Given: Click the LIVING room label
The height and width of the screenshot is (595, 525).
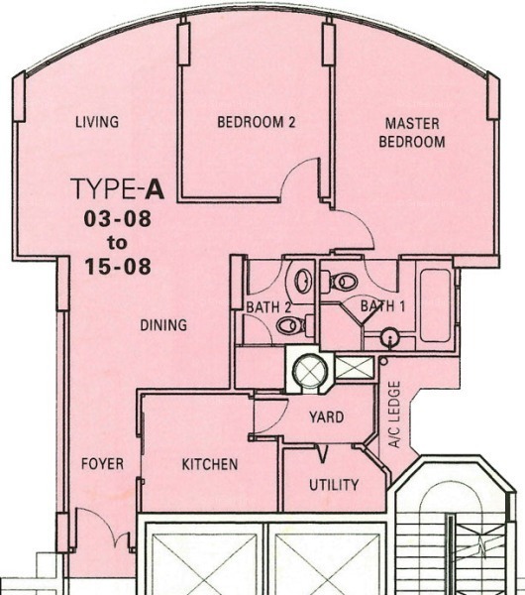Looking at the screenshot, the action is pyautogui.click(x=97, y=122).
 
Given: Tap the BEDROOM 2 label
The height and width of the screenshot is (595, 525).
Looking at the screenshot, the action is pyautogui.click(x=257, y=122).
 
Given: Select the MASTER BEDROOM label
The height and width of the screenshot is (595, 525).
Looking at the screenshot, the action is pyautogui.click(x=412, y=133).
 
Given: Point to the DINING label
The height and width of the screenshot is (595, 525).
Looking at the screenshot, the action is pyautogui.click(x=163, y=325).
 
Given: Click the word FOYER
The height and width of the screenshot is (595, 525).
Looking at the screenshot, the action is pyautogui.click(x=102, y=464).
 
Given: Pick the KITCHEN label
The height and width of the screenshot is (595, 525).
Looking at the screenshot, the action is pyautogui.click(x=210, y=464).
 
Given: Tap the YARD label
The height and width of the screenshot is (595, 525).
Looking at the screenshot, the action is pyautogui.click(x=326, y=417).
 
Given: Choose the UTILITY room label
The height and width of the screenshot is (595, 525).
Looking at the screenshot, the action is pyautogui.click(x=334, y=485).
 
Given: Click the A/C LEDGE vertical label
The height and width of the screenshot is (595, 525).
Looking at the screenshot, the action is pyautogui.click(x=394, y=415).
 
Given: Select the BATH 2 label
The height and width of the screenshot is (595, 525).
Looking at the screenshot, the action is pyautogui.click(x=268, y=307).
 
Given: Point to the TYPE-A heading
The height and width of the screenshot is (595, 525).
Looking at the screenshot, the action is pyautogui.click(x=118, y=188).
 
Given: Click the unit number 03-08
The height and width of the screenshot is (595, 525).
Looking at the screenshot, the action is pyautogui.click(x=118, y=219).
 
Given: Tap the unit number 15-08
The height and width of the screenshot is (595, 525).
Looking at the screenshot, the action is pyautogui.click(x=118, y=267).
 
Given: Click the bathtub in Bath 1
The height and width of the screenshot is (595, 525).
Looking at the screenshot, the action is pyautogui.click(x=435, y=305).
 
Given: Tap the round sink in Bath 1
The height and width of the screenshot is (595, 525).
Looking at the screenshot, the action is pyautogui.click(x=389, y=336).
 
